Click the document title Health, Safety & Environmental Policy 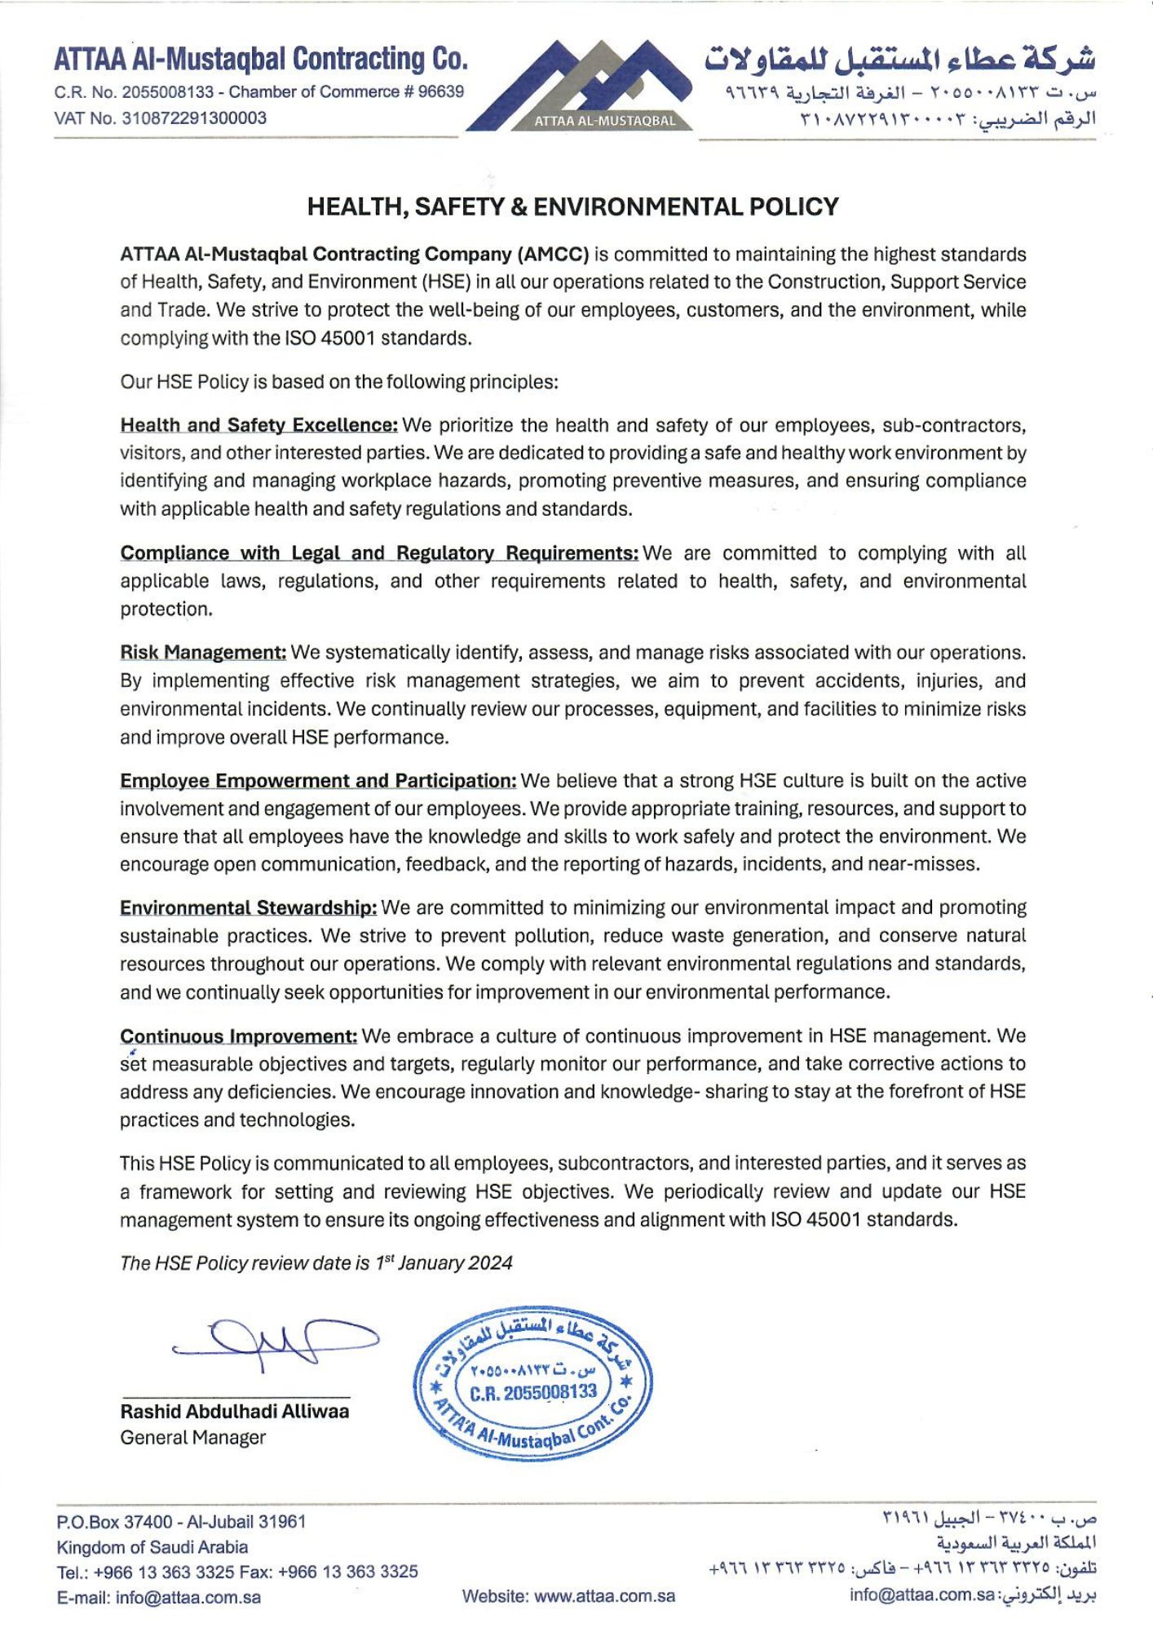tap(572, 206)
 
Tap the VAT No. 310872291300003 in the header tap(161, 118)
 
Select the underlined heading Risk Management tap(203, 653)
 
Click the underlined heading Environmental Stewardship tap(249, 908)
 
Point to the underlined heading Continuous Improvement tap(238, 1036)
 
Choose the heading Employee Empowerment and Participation tap(318, 781)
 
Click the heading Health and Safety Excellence tap(259, 425)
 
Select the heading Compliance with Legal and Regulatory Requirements tap(379, 553)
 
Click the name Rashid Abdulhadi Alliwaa tap(235, 1412)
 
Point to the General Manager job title tap(193, 1438)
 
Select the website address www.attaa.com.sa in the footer tap(604, 1596)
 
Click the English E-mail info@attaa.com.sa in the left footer tap(159, 1598)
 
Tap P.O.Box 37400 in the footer tap(114, 1522)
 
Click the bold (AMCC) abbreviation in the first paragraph tap(552, 254)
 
